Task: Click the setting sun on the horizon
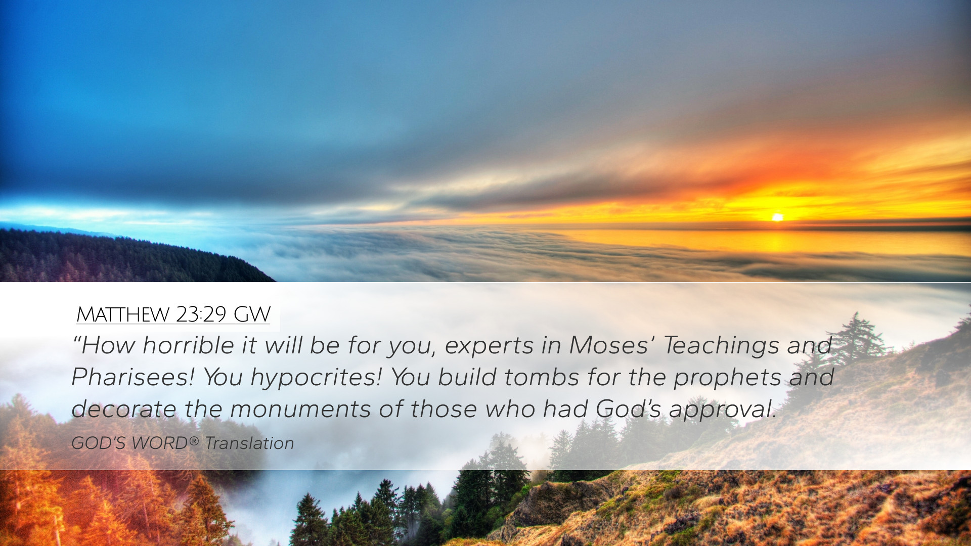point(777,217)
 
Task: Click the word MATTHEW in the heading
point(122,314)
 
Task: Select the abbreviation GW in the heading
point(252,314)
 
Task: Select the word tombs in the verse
point(542,377)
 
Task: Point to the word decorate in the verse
point(124,409)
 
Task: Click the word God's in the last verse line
point(628,409)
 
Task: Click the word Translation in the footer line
point(249,443)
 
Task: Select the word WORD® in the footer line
point(165,443)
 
